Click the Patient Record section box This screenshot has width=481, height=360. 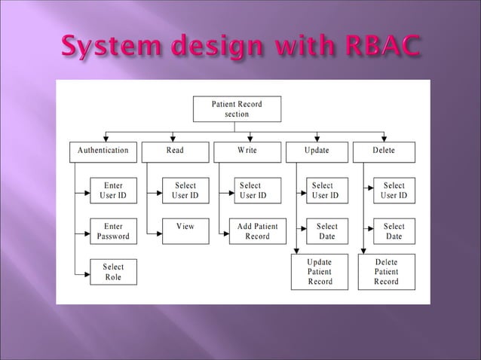237,108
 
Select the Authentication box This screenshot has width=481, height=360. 103,151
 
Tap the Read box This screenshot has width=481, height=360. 175,151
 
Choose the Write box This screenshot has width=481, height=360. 247,151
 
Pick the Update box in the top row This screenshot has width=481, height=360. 317,151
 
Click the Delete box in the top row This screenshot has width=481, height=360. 383,151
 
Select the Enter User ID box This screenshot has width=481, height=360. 113,191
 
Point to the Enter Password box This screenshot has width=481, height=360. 113,231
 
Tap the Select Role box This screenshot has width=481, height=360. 113,272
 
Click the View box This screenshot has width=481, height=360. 185,227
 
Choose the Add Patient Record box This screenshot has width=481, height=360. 257,231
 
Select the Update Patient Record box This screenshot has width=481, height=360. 319,272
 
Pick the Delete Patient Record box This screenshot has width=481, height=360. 386,272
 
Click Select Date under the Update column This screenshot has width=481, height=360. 326,231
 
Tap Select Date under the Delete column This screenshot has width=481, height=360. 394,231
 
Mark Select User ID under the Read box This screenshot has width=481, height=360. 185,191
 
